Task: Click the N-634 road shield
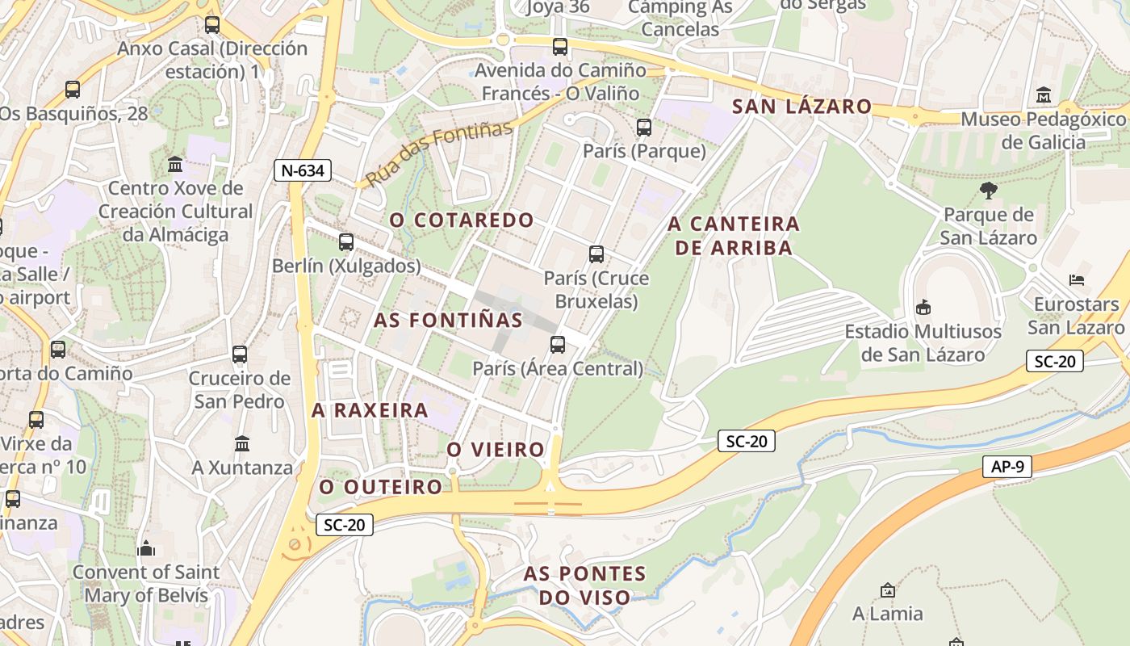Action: [303, 170]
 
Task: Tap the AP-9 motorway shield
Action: [1007, 467]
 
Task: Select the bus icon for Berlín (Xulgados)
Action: [346, 241]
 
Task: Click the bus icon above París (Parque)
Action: [643, 128]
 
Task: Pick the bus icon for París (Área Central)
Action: [557, 345]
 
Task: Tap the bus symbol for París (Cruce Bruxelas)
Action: [596, 254]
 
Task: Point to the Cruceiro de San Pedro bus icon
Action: [239, 354]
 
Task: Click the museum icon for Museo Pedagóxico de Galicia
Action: [1043, 95]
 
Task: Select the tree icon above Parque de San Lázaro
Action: [988, 191]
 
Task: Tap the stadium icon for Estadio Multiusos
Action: [923, 308]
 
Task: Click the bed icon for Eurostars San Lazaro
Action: [1076, 280]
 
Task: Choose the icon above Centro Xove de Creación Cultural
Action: [175, 165]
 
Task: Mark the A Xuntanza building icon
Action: [242, 443]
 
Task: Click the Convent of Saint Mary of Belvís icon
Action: [146, 548]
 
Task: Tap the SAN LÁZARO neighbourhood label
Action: [801, 107]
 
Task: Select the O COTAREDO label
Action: [462, 220]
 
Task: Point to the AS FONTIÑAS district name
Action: [448, 320]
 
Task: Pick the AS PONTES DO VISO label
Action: [585, 585]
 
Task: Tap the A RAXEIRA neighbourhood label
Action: [370, 410]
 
